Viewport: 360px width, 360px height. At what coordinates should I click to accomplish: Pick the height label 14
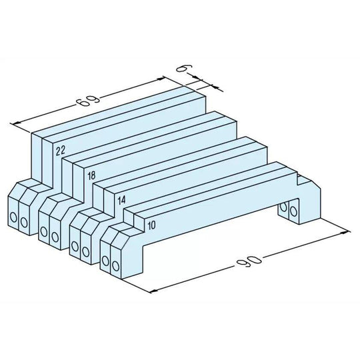click(x=121, y=199)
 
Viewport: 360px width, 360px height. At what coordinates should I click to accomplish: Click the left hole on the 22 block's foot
click(x=14, y=218)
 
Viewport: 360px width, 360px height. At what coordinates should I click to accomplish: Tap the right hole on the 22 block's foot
click(x=25, y=221)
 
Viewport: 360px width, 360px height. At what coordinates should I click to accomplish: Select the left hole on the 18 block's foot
click(x=44, y=232)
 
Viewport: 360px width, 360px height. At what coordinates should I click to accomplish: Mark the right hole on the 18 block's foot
click(x=55, y=235)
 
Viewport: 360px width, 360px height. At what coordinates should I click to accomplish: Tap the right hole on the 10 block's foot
click(x=116, y=267)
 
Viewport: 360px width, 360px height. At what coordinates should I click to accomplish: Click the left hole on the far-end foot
click(x=284, y=207)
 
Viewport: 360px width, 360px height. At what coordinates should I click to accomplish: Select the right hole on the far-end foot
click(x=293, y=211)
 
